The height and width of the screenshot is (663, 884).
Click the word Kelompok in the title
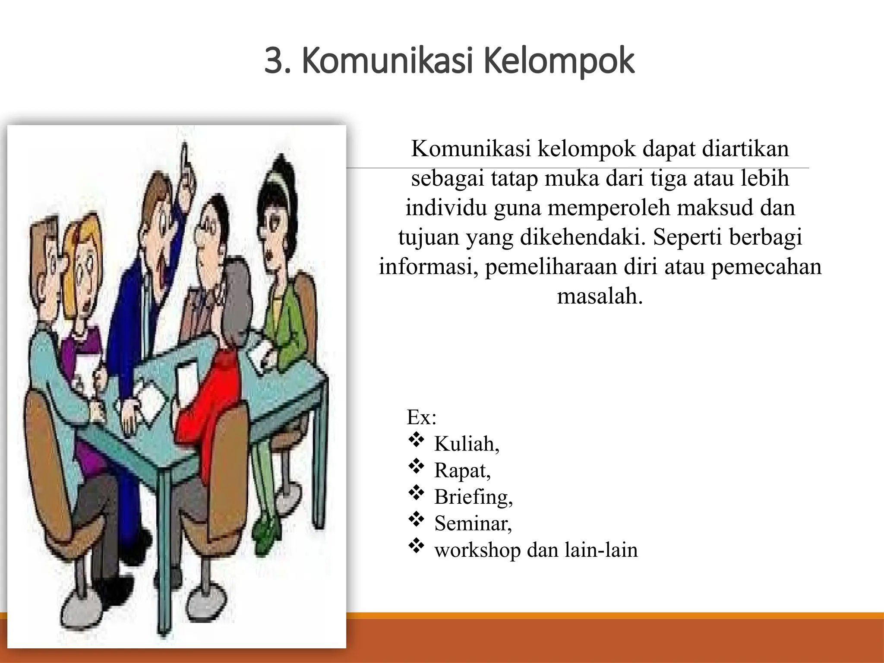click(x=559, y=62)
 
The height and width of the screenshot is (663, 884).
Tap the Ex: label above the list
click(x=421, y=417)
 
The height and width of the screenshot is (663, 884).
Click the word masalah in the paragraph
click(x=599, y=296)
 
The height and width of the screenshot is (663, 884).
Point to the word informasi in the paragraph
click(x=427, y=267)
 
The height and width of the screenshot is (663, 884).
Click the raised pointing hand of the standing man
click(x=186, y=173)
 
